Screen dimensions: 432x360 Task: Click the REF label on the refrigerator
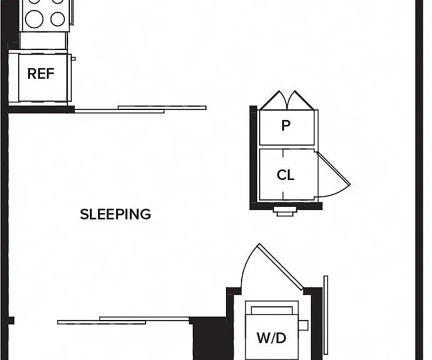(x=41, y=74)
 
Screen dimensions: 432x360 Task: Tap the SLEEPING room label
(x=115, y=214)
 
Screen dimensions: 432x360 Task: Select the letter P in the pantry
(x=286, y=126)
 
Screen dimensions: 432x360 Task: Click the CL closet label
(x=285, y=175)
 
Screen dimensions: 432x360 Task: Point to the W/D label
(x=272, y=338)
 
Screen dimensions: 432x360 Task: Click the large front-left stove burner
(x=34, y=19)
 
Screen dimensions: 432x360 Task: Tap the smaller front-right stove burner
(x=57, y=19)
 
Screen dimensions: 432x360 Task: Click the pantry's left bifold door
(x=273, y=100)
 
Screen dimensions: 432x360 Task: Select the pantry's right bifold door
(x=301, y=100)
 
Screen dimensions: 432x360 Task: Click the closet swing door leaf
(x=333, y=169)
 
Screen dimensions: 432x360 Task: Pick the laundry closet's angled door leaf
(x=281, y=267)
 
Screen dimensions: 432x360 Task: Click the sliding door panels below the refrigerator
(x=140, y=109)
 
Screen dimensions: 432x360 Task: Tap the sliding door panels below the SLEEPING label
(x=124, y=321)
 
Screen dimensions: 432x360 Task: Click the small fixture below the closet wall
(x=285, y=212)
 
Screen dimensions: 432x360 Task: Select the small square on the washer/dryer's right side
(x=303, y=325)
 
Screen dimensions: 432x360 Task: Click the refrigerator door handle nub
(x=73, y=59)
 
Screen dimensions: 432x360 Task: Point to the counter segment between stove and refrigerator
(x=43, y=41)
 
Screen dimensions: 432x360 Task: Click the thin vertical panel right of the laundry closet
(x=326, y=315)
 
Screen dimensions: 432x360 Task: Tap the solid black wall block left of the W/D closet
(x=209, y=339)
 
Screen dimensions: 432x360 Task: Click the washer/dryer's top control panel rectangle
(x=272, y=310)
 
